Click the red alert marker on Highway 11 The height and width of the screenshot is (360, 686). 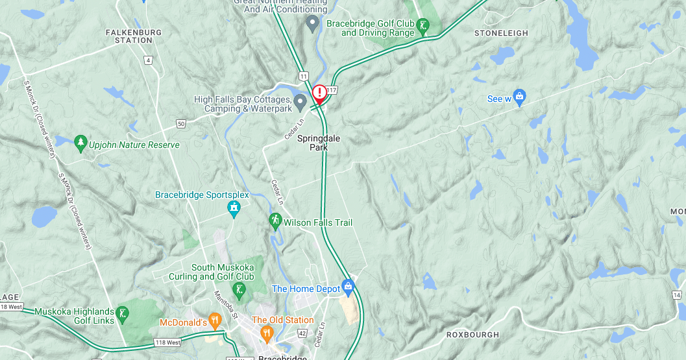(319, 93)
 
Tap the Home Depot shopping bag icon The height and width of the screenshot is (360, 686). (348, 285)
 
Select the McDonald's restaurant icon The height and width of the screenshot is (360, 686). (216, 319)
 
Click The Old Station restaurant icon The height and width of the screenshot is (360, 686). (266, 333)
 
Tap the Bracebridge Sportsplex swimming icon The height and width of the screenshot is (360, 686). (234, 208)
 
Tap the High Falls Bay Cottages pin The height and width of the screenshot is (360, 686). (300, 101)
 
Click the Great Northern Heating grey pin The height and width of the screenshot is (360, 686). (312, 24)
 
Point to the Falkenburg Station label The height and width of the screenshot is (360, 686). (134, 36)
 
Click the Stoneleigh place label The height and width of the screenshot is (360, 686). (501, 33)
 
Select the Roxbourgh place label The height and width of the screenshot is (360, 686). (472, 335)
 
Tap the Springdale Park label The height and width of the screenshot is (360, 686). (319, 143)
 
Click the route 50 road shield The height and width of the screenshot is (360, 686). (180, 123)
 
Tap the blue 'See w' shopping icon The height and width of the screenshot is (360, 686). (519, 98)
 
